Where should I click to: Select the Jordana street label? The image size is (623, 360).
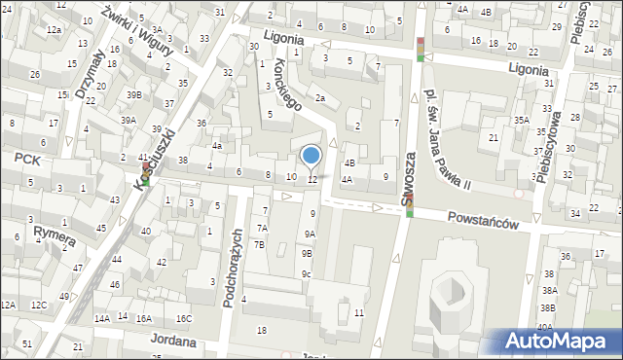174,342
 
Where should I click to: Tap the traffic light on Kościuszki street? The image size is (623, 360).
146,174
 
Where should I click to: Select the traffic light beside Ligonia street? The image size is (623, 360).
420,50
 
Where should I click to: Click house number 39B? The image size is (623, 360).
133,94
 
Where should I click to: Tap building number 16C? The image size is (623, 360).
183,319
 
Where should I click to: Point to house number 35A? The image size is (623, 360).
522,120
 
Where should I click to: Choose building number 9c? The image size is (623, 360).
306,273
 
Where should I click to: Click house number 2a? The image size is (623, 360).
318,97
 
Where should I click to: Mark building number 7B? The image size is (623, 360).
259,244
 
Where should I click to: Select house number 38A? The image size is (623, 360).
549,290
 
